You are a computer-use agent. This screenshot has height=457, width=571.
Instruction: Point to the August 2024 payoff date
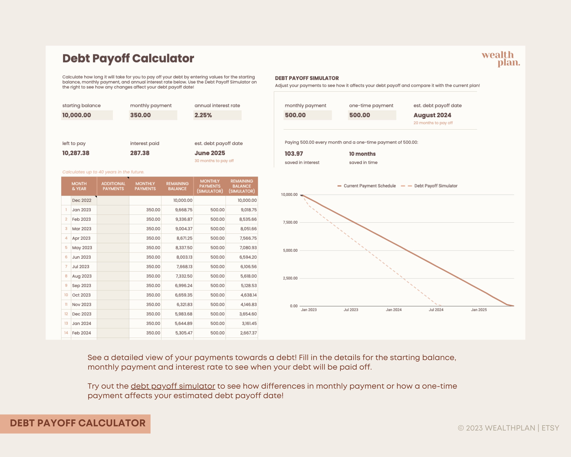click(432, 115)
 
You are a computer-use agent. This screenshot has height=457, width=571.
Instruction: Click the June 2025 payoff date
click(210, 153)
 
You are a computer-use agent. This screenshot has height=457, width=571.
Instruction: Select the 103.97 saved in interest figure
click(294, 154)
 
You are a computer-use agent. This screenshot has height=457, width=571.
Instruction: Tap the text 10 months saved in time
click(362, 154)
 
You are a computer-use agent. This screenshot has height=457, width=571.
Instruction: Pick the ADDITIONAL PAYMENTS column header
click(113, 186)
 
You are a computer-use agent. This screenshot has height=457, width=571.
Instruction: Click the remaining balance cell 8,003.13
click(184, 257)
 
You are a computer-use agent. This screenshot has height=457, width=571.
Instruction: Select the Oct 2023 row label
click(81, 295)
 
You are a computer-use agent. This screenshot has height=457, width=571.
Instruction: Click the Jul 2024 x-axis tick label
click(436, 310)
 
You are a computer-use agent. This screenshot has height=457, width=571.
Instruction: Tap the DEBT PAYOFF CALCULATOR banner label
click(78, 423)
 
